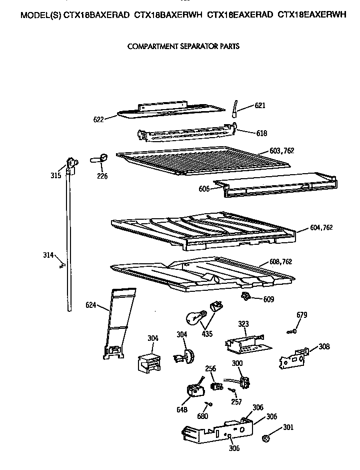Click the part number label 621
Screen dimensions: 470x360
[x=260, y=106]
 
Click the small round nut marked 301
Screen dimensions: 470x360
[x=266, y=438]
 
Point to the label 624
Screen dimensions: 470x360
[x=90, y=304]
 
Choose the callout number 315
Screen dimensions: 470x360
[x=55, y=175]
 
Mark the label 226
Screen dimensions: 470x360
[x=102, y=176]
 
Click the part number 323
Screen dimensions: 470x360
[x=243, y=324]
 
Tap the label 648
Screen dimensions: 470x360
[x=182, y=410]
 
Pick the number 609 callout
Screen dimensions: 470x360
[x=268, y=300]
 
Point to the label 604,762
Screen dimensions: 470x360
[x=321, y=228]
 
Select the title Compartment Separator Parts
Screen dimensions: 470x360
[x=183, y=47]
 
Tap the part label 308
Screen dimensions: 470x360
[x=324, y=346]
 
